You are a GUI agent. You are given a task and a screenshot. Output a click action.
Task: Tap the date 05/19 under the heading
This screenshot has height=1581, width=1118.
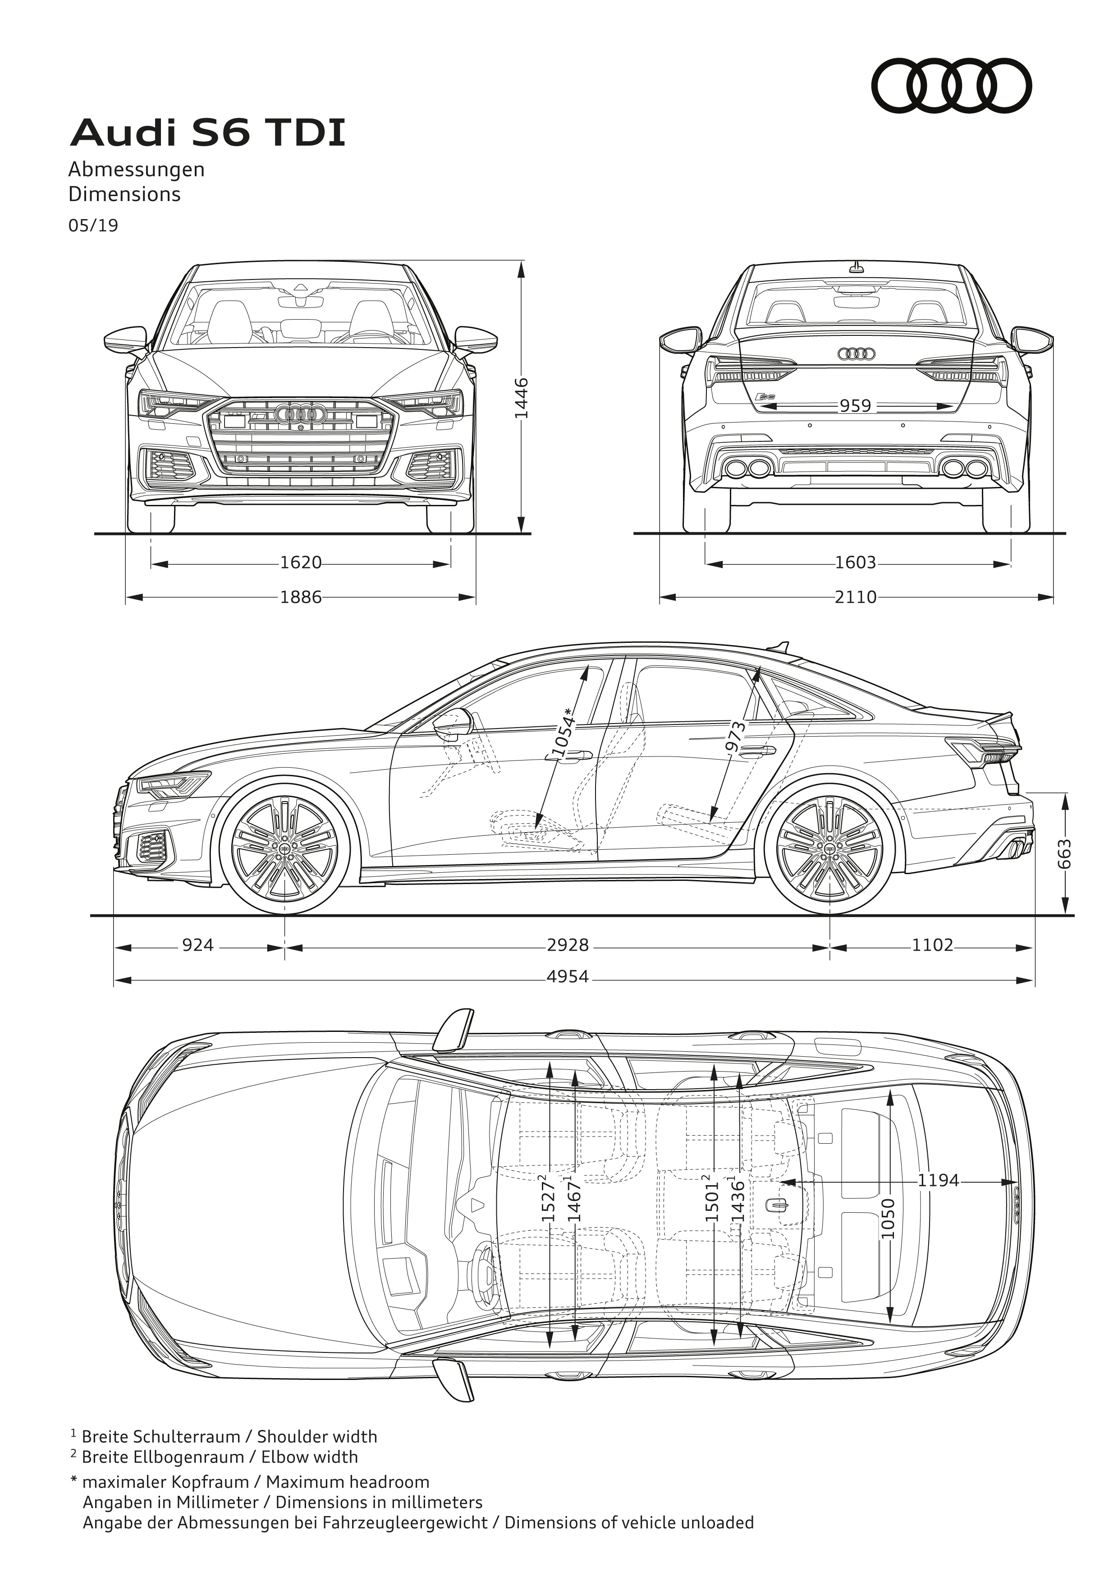click(93, 226)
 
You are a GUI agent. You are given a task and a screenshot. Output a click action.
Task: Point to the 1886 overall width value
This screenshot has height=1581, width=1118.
click(301, 597)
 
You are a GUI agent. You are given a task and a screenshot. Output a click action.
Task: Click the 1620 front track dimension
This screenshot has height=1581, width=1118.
click(301, 563)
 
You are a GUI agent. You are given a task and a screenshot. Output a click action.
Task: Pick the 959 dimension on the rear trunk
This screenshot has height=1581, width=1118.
click(855, 406)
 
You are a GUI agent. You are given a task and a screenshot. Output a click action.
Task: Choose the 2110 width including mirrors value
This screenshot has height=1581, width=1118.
click(856, 597)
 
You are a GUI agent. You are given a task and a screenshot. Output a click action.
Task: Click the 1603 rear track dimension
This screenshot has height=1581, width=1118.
click(856, 563)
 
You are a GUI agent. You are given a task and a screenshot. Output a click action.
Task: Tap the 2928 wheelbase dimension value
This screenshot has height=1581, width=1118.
click(568, 945)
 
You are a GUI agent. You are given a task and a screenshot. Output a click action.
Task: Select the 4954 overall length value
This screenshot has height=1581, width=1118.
click(568, 976)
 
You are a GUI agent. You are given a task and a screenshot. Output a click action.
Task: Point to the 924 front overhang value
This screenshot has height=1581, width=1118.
click(197, 945)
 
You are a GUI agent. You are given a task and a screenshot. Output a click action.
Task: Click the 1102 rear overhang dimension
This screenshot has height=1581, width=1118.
click(933, 945)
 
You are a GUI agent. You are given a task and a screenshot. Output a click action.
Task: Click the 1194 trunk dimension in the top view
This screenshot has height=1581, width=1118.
click(938, 1180)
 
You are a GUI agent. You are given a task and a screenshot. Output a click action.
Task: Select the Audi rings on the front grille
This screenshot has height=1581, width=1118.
click(300, 414)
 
